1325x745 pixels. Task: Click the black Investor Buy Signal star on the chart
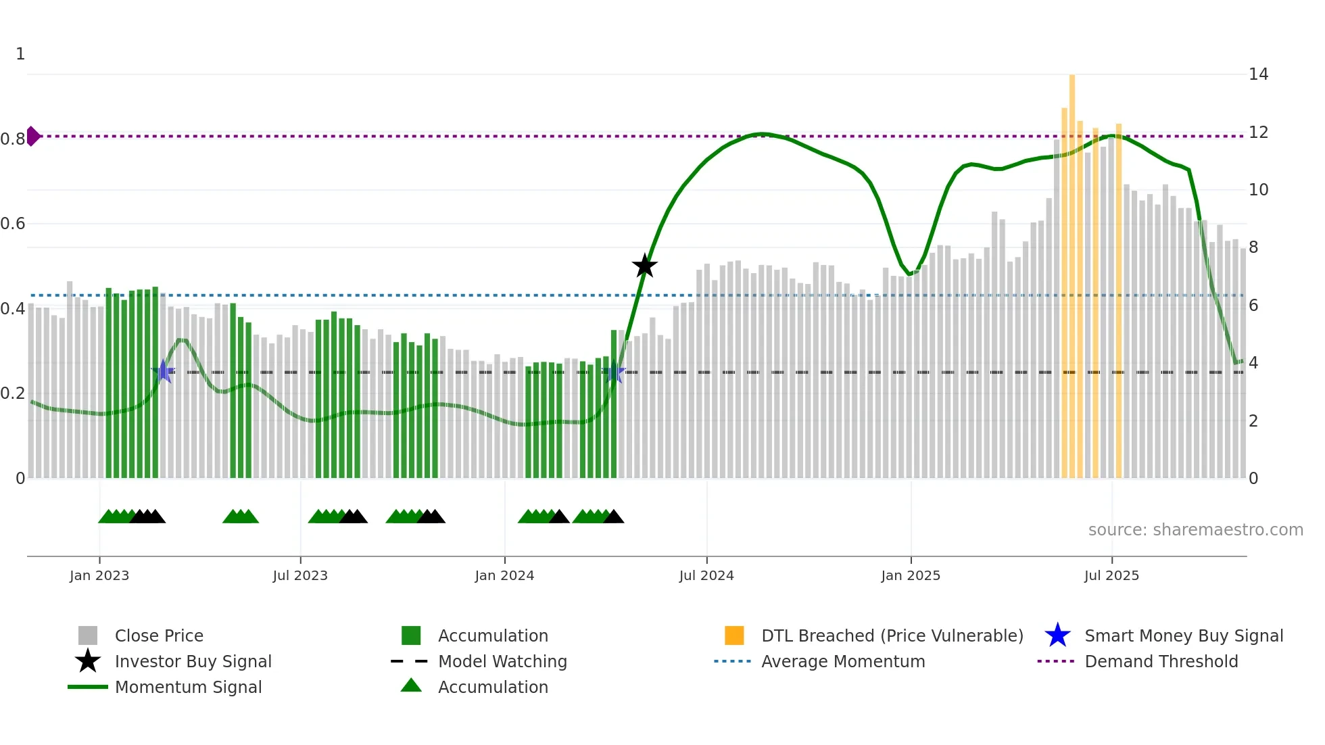click(x=644, y=266)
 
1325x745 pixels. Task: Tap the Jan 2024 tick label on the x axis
click(x=504, y=575)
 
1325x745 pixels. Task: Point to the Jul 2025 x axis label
click(x=1111, y=575)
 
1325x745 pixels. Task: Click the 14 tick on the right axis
click(x=1258, y=74)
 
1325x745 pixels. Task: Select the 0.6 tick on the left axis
click(x=14, y=224)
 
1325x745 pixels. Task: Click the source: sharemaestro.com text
click(x=1195, y=529)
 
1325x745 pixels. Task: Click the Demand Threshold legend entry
click(x=1161, y=661)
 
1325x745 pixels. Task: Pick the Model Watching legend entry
click(x=502, y=661)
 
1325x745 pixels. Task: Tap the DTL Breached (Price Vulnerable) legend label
click(x=892, y=635)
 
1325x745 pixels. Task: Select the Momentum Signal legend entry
click(x=188, y=687)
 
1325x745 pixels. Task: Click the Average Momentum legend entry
click(x=842, y=661)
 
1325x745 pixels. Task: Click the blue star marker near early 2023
click(x=163, y=371)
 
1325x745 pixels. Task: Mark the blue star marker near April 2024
click(x=614, y=372)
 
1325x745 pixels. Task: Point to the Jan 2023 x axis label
click(x=99, y=575)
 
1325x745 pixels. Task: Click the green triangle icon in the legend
click(x=411, y=686)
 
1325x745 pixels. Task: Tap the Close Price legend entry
click(x=158, y=635)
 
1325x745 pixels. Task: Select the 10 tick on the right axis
click(x=1258, y=190)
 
